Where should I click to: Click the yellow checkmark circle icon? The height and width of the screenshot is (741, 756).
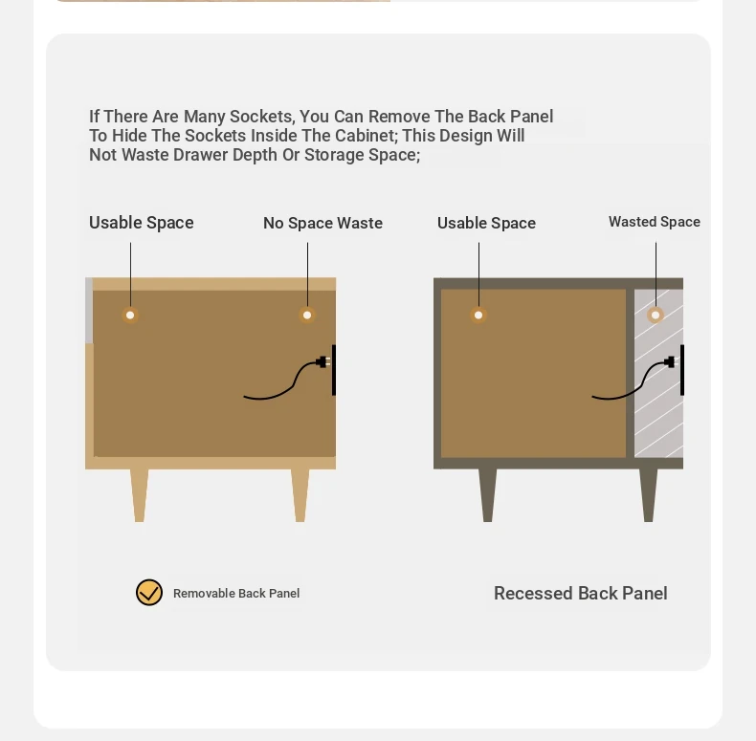[149, 592]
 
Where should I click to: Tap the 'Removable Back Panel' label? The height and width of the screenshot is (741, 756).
[236, 593]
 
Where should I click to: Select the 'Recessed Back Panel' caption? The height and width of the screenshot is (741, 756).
[581, 593]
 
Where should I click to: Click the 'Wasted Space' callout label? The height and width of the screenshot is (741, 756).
[655, 222]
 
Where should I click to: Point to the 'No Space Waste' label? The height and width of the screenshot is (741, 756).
[323, 223]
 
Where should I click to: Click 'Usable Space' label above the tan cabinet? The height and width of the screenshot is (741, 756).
[142, 223]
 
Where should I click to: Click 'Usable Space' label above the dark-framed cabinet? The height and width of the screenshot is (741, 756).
[486, 223]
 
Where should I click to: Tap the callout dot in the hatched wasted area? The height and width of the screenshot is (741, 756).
[656, 316]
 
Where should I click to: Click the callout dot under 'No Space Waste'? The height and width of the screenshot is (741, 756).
[307, 316]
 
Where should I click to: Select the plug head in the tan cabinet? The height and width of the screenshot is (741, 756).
[322, 361]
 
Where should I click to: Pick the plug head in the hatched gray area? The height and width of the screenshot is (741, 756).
[669, 361]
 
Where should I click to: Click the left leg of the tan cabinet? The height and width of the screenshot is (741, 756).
[140, 495]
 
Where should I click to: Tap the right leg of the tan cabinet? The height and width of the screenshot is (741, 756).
[300, 495]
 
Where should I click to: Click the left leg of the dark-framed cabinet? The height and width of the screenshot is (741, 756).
[487, 495]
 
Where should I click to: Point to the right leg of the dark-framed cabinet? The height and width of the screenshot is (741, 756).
[649, 495]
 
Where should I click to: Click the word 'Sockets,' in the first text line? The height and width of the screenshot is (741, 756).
[261, 117]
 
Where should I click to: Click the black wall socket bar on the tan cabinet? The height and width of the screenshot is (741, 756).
[334, 370]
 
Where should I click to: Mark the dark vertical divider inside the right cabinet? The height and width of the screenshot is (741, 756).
[631, 374]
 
